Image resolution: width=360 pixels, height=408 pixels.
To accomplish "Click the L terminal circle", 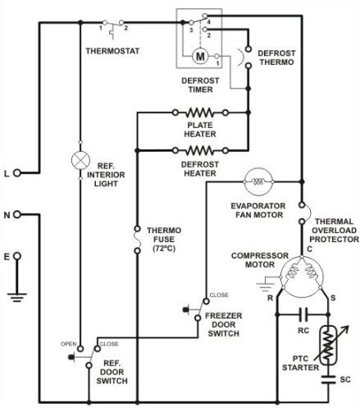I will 16,173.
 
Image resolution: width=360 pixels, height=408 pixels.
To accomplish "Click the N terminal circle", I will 16,215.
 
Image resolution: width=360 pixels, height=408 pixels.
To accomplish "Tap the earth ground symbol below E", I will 16,290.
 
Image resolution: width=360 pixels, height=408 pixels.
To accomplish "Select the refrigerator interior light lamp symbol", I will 80,158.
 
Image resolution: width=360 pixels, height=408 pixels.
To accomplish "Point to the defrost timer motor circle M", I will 199,57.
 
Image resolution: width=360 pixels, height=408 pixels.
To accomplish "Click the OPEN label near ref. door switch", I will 69,343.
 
